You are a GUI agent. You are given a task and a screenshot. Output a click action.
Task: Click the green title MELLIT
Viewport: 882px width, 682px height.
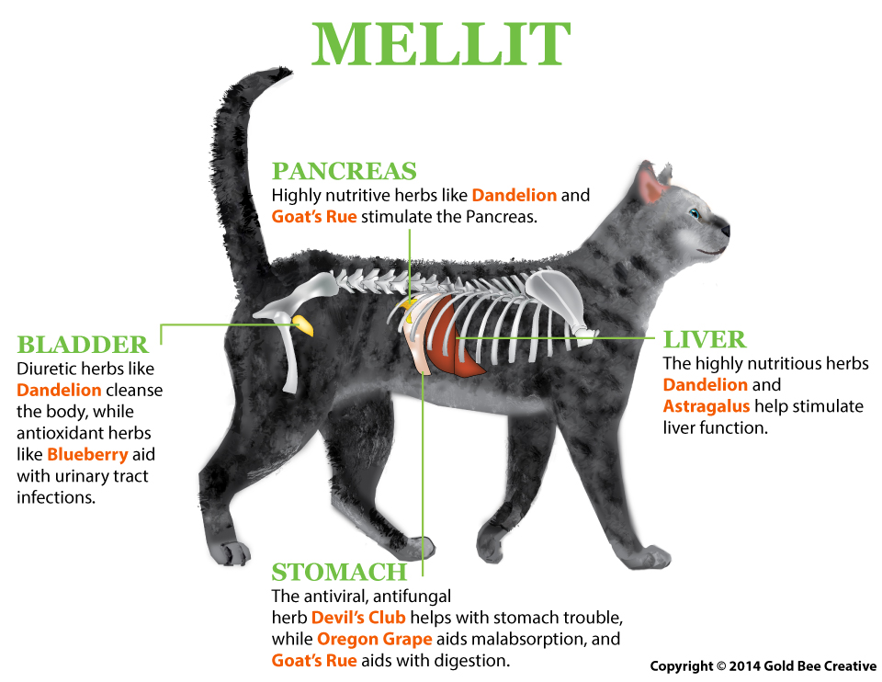(442, 44)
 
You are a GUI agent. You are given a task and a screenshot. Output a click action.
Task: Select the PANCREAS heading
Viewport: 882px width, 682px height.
(345, 171)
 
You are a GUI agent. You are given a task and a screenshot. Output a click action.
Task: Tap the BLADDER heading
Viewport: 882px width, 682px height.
(83, 345)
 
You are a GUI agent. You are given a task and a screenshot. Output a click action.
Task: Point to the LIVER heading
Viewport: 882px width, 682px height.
(705, 339)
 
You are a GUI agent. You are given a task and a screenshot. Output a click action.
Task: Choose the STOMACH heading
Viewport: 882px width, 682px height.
(339, 573)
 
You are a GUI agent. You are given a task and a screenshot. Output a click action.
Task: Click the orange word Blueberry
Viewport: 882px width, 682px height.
(88, 454)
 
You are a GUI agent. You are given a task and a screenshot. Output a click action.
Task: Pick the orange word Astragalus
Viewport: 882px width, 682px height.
(707, 405)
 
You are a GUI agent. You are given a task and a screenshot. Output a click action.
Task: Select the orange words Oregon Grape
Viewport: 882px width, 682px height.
(375, 639)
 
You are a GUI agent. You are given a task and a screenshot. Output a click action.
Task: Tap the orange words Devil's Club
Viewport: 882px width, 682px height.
(358, 618)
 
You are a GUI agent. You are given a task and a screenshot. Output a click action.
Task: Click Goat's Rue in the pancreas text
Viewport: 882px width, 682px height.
(314, 217)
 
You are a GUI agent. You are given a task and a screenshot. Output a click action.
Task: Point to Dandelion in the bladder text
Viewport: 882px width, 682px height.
(59, 390)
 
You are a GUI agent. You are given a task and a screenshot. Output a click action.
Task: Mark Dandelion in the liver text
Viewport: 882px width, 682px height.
(706, 384)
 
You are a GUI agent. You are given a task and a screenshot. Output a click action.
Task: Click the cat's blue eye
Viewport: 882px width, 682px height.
(695, 213)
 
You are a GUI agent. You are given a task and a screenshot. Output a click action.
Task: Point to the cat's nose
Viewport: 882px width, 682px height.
(726, 230)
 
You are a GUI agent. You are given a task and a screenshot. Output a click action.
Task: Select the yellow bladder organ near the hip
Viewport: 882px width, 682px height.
(304, 325)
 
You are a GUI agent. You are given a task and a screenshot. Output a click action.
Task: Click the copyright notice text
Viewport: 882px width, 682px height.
(763, 666)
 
